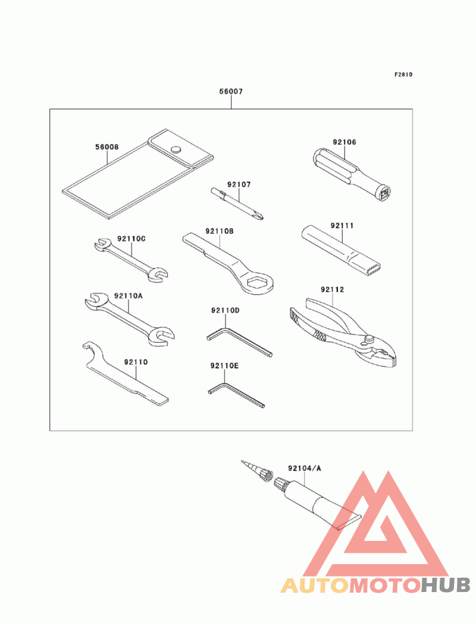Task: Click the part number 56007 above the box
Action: point(231,92)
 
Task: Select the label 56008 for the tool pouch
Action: point(107,147)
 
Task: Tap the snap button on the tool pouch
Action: point(176,149)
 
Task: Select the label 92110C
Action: point(131,239)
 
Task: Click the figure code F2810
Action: point(403,74)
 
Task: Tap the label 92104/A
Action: point(305,468)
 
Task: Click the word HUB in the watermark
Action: point(446,586)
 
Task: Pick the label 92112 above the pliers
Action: point(333,290)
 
